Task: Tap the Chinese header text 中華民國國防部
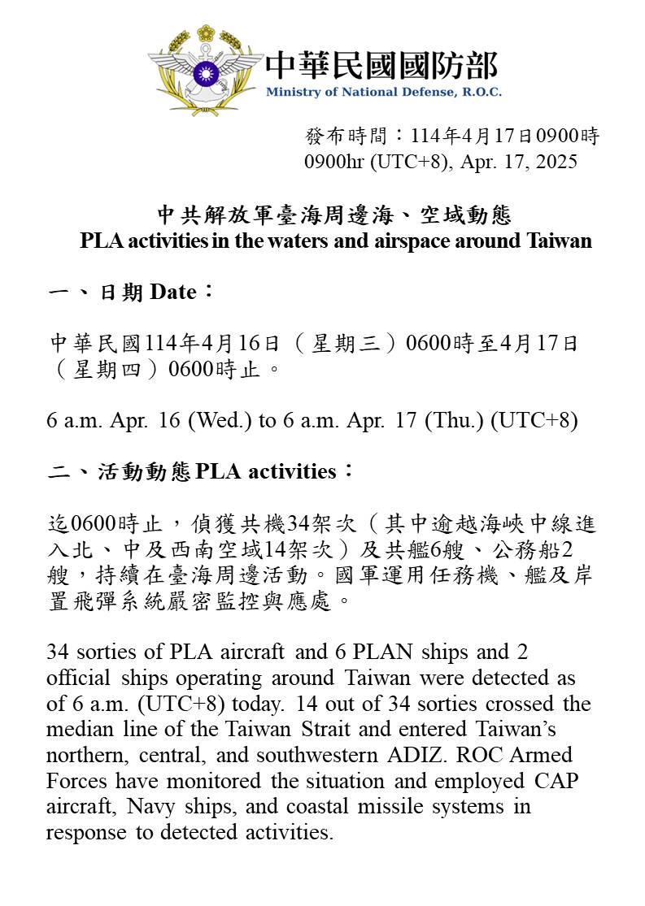point(381,65)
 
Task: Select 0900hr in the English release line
point(335,162)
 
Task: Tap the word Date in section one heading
point(172,292)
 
